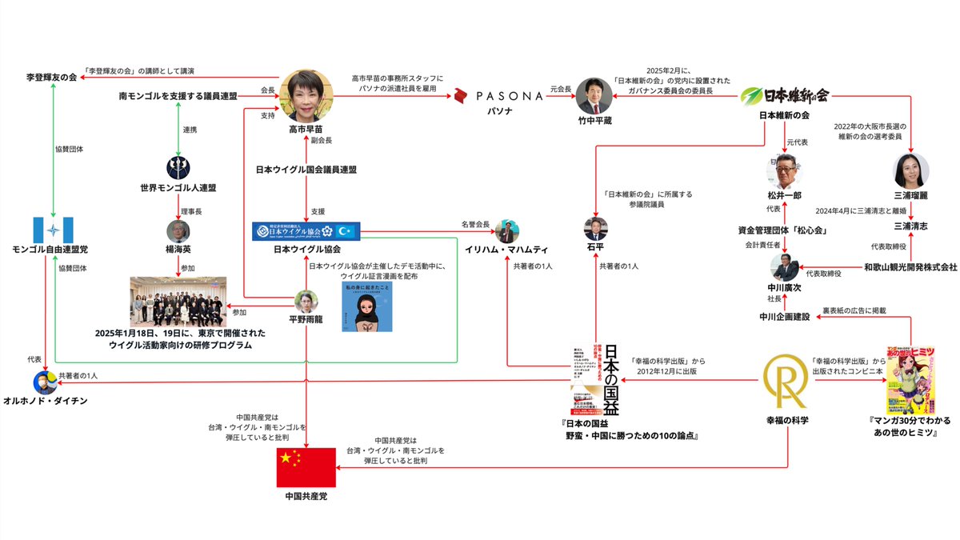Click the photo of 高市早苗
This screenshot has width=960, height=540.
pyautogui.click(x=306, y=95)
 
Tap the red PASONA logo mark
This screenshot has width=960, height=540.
pyautogui.click(x=460, y=96)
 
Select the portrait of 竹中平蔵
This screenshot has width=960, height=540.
pyautogui.click(x=593, y=94)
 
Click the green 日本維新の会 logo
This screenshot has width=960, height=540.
pyautogui.click(x=753, y=96)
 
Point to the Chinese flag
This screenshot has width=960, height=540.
pyautogui.click(x=306, y=467)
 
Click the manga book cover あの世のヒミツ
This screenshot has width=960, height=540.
pyautogui.click(x=910, y=381)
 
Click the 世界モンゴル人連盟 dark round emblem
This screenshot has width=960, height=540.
pyautogui.click(x=178, y=167)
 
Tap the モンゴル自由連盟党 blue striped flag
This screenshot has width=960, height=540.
pyautogui.click(x=54, y=231)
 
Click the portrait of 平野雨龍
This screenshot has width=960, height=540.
pyautogui.click(x=307, y=302)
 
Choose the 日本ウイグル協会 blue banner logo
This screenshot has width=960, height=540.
pyautogui.click(x=306, y=231)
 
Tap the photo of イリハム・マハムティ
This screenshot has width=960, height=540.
pyautogui.click(x=506, y=232)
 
